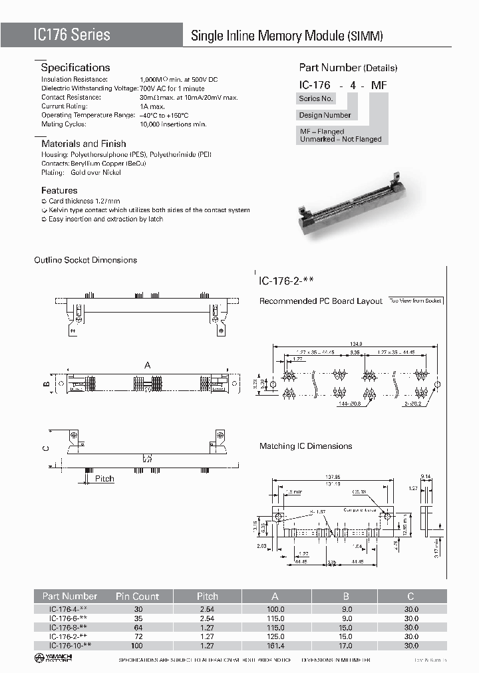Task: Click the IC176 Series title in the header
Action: tap(72, 35)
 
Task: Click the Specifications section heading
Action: tap(75, 67)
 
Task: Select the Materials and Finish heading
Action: tap(83, 143)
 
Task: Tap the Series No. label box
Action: tap(316, 98)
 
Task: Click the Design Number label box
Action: tap(325, 115)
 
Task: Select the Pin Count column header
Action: tap(137, 596)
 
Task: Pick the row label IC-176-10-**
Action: tap(70, 646)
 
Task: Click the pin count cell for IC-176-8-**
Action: tap(137, 627)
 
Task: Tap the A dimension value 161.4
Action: tap(275, 646)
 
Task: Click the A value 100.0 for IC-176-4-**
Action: tap(275, 608)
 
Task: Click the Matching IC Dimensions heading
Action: tap(305, 446)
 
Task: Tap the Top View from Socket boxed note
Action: tap(416, 301)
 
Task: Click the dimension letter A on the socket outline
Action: tap(147, 364)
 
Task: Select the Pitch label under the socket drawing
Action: tap(104, 479)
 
